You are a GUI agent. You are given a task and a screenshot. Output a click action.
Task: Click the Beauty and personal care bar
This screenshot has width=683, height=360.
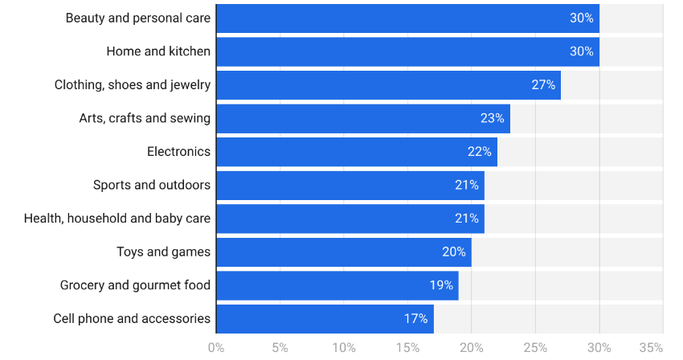click(x=407, y=18)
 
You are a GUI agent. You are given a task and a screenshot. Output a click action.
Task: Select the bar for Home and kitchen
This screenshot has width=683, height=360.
click(x=407, y=51)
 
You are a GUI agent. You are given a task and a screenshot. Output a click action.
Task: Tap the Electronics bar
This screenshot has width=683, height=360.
click(x=357, y=152)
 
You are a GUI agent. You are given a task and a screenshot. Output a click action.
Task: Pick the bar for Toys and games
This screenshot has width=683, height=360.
click(x=344, y=252)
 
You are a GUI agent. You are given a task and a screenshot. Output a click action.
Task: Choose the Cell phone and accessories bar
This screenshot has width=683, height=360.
click(x=325, y=319)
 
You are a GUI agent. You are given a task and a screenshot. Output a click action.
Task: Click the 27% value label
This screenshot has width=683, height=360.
click(x=543, y=85)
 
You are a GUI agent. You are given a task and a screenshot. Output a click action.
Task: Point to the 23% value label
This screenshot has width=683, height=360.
click(x=493, y=118)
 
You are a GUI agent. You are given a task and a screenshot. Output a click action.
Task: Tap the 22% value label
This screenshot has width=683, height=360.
click(x=480, y=152)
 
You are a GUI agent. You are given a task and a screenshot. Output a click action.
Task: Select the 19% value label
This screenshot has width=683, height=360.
click(x=441, y=285)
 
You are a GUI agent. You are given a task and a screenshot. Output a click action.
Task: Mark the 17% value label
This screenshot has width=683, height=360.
click(x=415, y=319)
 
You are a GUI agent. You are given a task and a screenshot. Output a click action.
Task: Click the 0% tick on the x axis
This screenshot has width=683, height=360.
click(x=216, y=348)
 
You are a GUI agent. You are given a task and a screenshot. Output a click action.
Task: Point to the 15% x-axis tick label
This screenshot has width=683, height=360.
click(x=407, y=348)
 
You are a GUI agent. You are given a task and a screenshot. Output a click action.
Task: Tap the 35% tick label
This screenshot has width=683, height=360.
click(x=651, y=348)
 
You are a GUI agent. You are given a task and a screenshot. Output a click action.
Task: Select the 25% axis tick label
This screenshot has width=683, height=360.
click(x=535, y=348)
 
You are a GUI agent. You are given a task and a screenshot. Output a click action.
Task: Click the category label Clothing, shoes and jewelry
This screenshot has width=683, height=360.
click(x=133, y=85)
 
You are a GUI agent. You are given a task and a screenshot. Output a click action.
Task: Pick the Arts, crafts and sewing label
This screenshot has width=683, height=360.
click(x=145, y=118)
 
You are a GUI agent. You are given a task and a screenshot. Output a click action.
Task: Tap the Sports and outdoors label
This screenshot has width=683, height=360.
click(x=152, y=185)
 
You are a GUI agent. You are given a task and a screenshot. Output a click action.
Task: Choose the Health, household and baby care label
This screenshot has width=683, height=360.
click(x=117, y=219)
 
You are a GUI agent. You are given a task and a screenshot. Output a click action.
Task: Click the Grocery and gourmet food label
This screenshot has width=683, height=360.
click(x=135, y=285)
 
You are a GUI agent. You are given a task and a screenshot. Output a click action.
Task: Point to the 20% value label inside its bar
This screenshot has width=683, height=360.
click(x=454, y=252)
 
